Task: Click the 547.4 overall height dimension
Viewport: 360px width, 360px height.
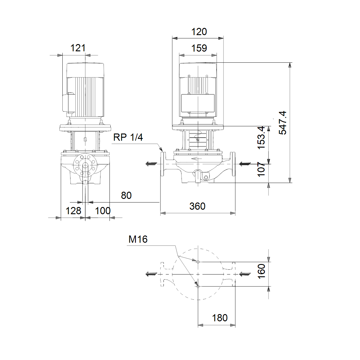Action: click(x=282, y=123)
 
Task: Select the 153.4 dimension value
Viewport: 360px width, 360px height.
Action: click(x=261, y=137)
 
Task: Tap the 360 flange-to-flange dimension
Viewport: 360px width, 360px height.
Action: click(x=197, y=206)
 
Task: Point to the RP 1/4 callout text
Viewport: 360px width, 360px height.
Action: click(x=128, y=137)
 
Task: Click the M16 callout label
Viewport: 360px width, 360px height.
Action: click(x=138, y=239)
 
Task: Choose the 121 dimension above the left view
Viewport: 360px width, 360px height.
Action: click(x=78, y=48)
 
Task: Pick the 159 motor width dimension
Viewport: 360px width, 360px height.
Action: click(x=199, y=48)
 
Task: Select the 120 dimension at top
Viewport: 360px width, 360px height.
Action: click(x=199, y=32)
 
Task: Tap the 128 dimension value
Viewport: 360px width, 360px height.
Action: click(x=73, y=211)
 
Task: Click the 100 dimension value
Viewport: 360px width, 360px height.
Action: click(x=103, y=211)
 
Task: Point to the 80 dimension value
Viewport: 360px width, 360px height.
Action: click(x=126, y=196)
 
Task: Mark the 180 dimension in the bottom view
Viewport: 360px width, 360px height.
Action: click(x=220, y=318)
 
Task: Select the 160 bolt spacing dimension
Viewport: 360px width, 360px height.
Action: click(x=261, y=271)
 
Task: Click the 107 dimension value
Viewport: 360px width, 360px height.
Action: click(x=261, y=169)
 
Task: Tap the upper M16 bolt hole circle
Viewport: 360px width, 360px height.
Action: click(x=198, y=262)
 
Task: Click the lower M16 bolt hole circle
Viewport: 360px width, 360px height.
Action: click(x=198, y=286)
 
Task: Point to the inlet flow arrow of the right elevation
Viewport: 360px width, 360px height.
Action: click(x=245, y=164)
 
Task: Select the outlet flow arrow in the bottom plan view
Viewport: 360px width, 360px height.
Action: click(x=151, y=274)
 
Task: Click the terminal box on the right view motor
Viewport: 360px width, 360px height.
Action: click(x=198, y=103)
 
